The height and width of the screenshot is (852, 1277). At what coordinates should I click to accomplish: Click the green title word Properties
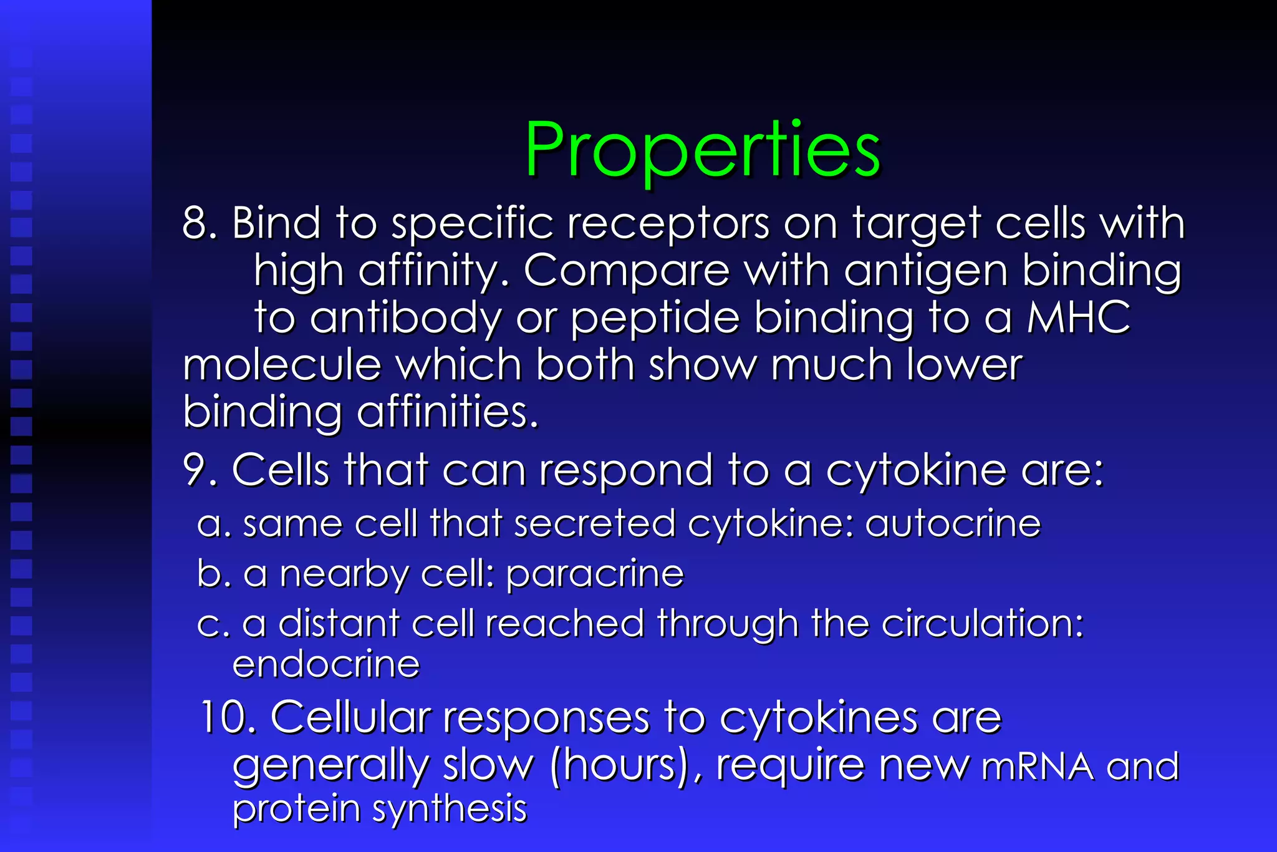(702, 150)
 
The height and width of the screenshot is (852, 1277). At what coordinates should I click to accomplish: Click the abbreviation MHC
(1078, 317)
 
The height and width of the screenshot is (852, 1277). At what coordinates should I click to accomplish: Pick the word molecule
(282, 365)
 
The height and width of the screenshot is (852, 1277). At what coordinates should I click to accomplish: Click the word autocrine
(953, 523)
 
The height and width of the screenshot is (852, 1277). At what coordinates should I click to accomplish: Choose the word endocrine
(326, 664)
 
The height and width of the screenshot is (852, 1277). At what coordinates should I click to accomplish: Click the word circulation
(978, 623)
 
